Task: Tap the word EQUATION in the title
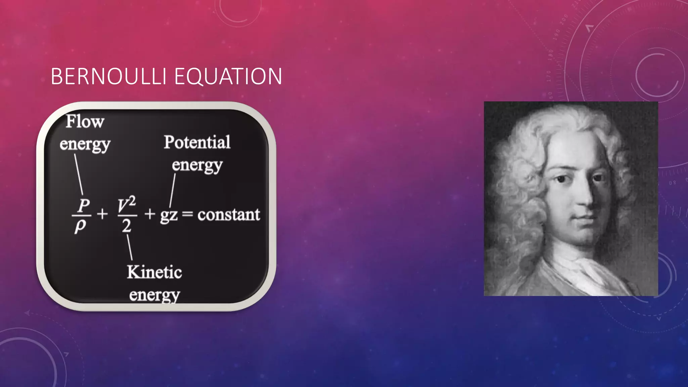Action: [228, 76]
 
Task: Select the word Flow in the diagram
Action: [85, 121]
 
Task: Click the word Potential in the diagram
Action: [197, 142]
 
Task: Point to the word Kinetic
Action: [154, 272]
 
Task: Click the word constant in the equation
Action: [228, 214]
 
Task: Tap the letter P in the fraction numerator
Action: [83, 205]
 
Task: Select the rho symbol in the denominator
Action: [80, 226]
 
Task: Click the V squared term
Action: [127, 205]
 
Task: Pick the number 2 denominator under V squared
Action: [126, 226]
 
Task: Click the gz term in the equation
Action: [168, 215]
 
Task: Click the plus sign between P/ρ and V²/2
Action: [102, 214]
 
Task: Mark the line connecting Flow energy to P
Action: [79, 174]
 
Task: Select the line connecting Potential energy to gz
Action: [173, 190]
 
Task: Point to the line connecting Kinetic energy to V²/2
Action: [129, 247]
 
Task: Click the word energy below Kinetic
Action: [154, 295]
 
